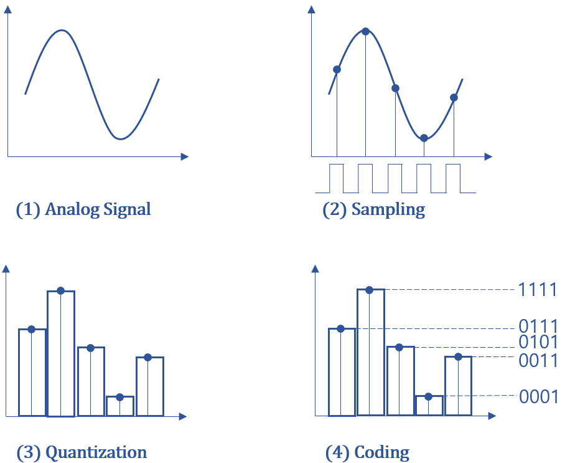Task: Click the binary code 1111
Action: [x=538, y=290]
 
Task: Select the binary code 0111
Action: [x=538, y=326]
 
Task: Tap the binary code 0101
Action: [x=538, y=343]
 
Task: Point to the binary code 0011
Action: [x=538, y=361]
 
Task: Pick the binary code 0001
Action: [x=538, y=396]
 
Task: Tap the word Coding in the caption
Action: [x=382, y=452]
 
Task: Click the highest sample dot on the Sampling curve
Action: [x=365, y=31]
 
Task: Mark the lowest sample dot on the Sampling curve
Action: [x=424, y=138]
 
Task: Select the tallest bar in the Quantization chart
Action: [x=61, y=353]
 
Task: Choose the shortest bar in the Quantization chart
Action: [x=119, y=406]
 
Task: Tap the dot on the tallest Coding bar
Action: [x=370, y=290]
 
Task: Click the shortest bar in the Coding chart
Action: [x=429, y=405]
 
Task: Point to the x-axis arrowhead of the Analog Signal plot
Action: [x=184, y=156]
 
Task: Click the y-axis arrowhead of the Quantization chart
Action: [x=6, y=269]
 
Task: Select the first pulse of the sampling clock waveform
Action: [x=336, y=178]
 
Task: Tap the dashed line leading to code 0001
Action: [x=479, y=396]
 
